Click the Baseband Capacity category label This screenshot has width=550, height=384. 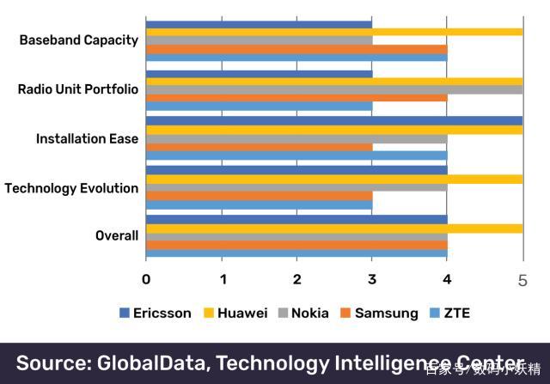click(78, 40)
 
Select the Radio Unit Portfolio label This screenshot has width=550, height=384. click(77, 88)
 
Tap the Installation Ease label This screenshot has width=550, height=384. click(87, 138)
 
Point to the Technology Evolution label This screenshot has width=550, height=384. click(71, 187)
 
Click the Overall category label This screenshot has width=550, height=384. click(117, 235)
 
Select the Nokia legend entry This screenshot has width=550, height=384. click(309, 313)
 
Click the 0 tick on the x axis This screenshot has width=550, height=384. click(146, 278)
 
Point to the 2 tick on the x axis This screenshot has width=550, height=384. click(297, 278)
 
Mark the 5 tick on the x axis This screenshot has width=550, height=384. click(522, 278)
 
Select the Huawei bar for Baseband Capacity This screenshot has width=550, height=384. click(334, 32)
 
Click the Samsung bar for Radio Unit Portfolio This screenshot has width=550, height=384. click(296, 97)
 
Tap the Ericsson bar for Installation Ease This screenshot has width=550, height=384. click(334, 121)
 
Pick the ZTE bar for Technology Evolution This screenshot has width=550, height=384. click(259, 205)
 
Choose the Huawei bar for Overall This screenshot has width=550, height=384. click(334, 229)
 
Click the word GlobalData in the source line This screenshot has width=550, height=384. click(162, 362)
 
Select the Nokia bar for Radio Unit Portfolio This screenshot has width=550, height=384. click(334, 88)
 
